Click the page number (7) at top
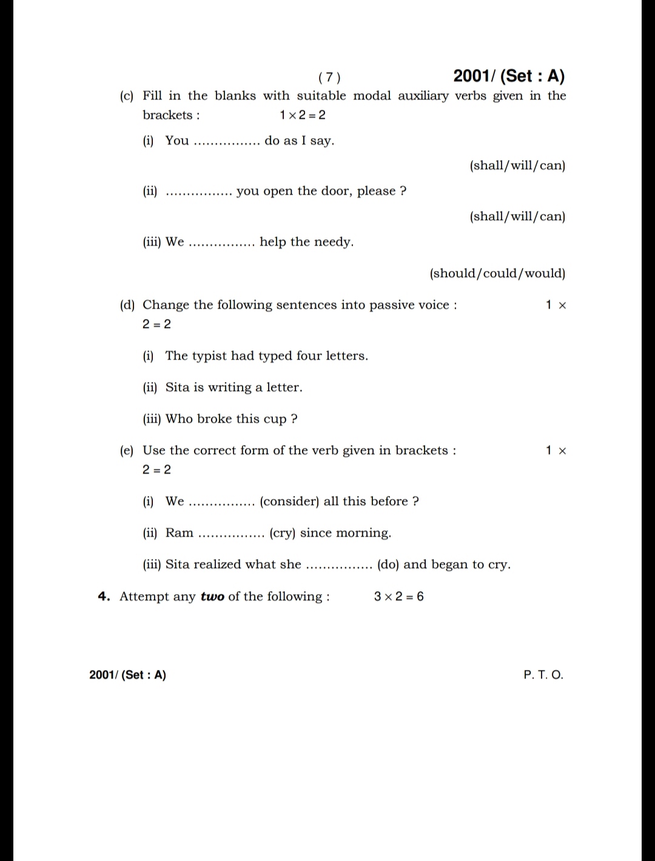(329, 77)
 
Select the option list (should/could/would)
(497, 273)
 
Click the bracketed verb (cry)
(282, 533)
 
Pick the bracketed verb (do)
(388, 565)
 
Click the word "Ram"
(180, 533)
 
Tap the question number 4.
(104, 597)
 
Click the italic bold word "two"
(212, 597)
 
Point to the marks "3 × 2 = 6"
(398, 597)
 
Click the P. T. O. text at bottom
(543, 675)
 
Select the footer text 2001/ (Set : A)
(127, 675)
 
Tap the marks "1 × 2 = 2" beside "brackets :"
(302, 115)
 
